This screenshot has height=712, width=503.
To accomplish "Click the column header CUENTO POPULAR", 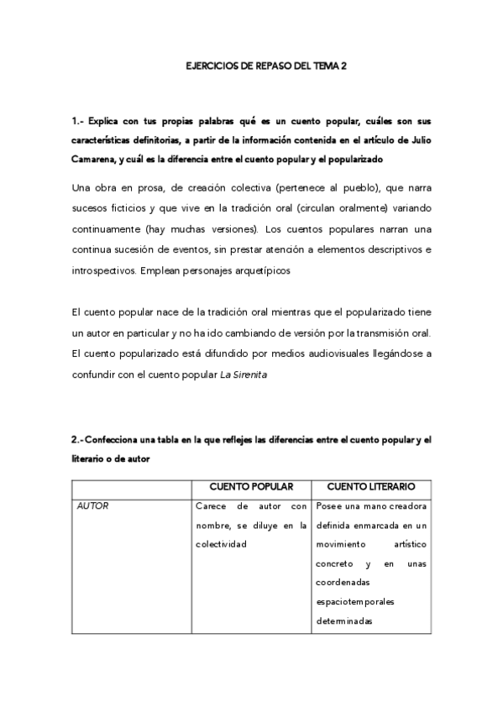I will [252, 486].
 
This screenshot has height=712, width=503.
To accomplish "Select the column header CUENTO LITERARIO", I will [370, 486].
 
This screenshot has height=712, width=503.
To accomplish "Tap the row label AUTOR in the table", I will [92, 506].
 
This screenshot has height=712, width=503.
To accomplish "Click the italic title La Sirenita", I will [244, 375].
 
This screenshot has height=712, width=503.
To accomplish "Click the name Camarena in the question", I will [97, 158].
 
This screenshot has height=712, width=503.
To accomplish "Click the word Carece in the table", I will [211, 506].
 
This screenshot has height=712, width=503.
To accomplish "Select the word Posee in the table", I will [331, 506].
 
